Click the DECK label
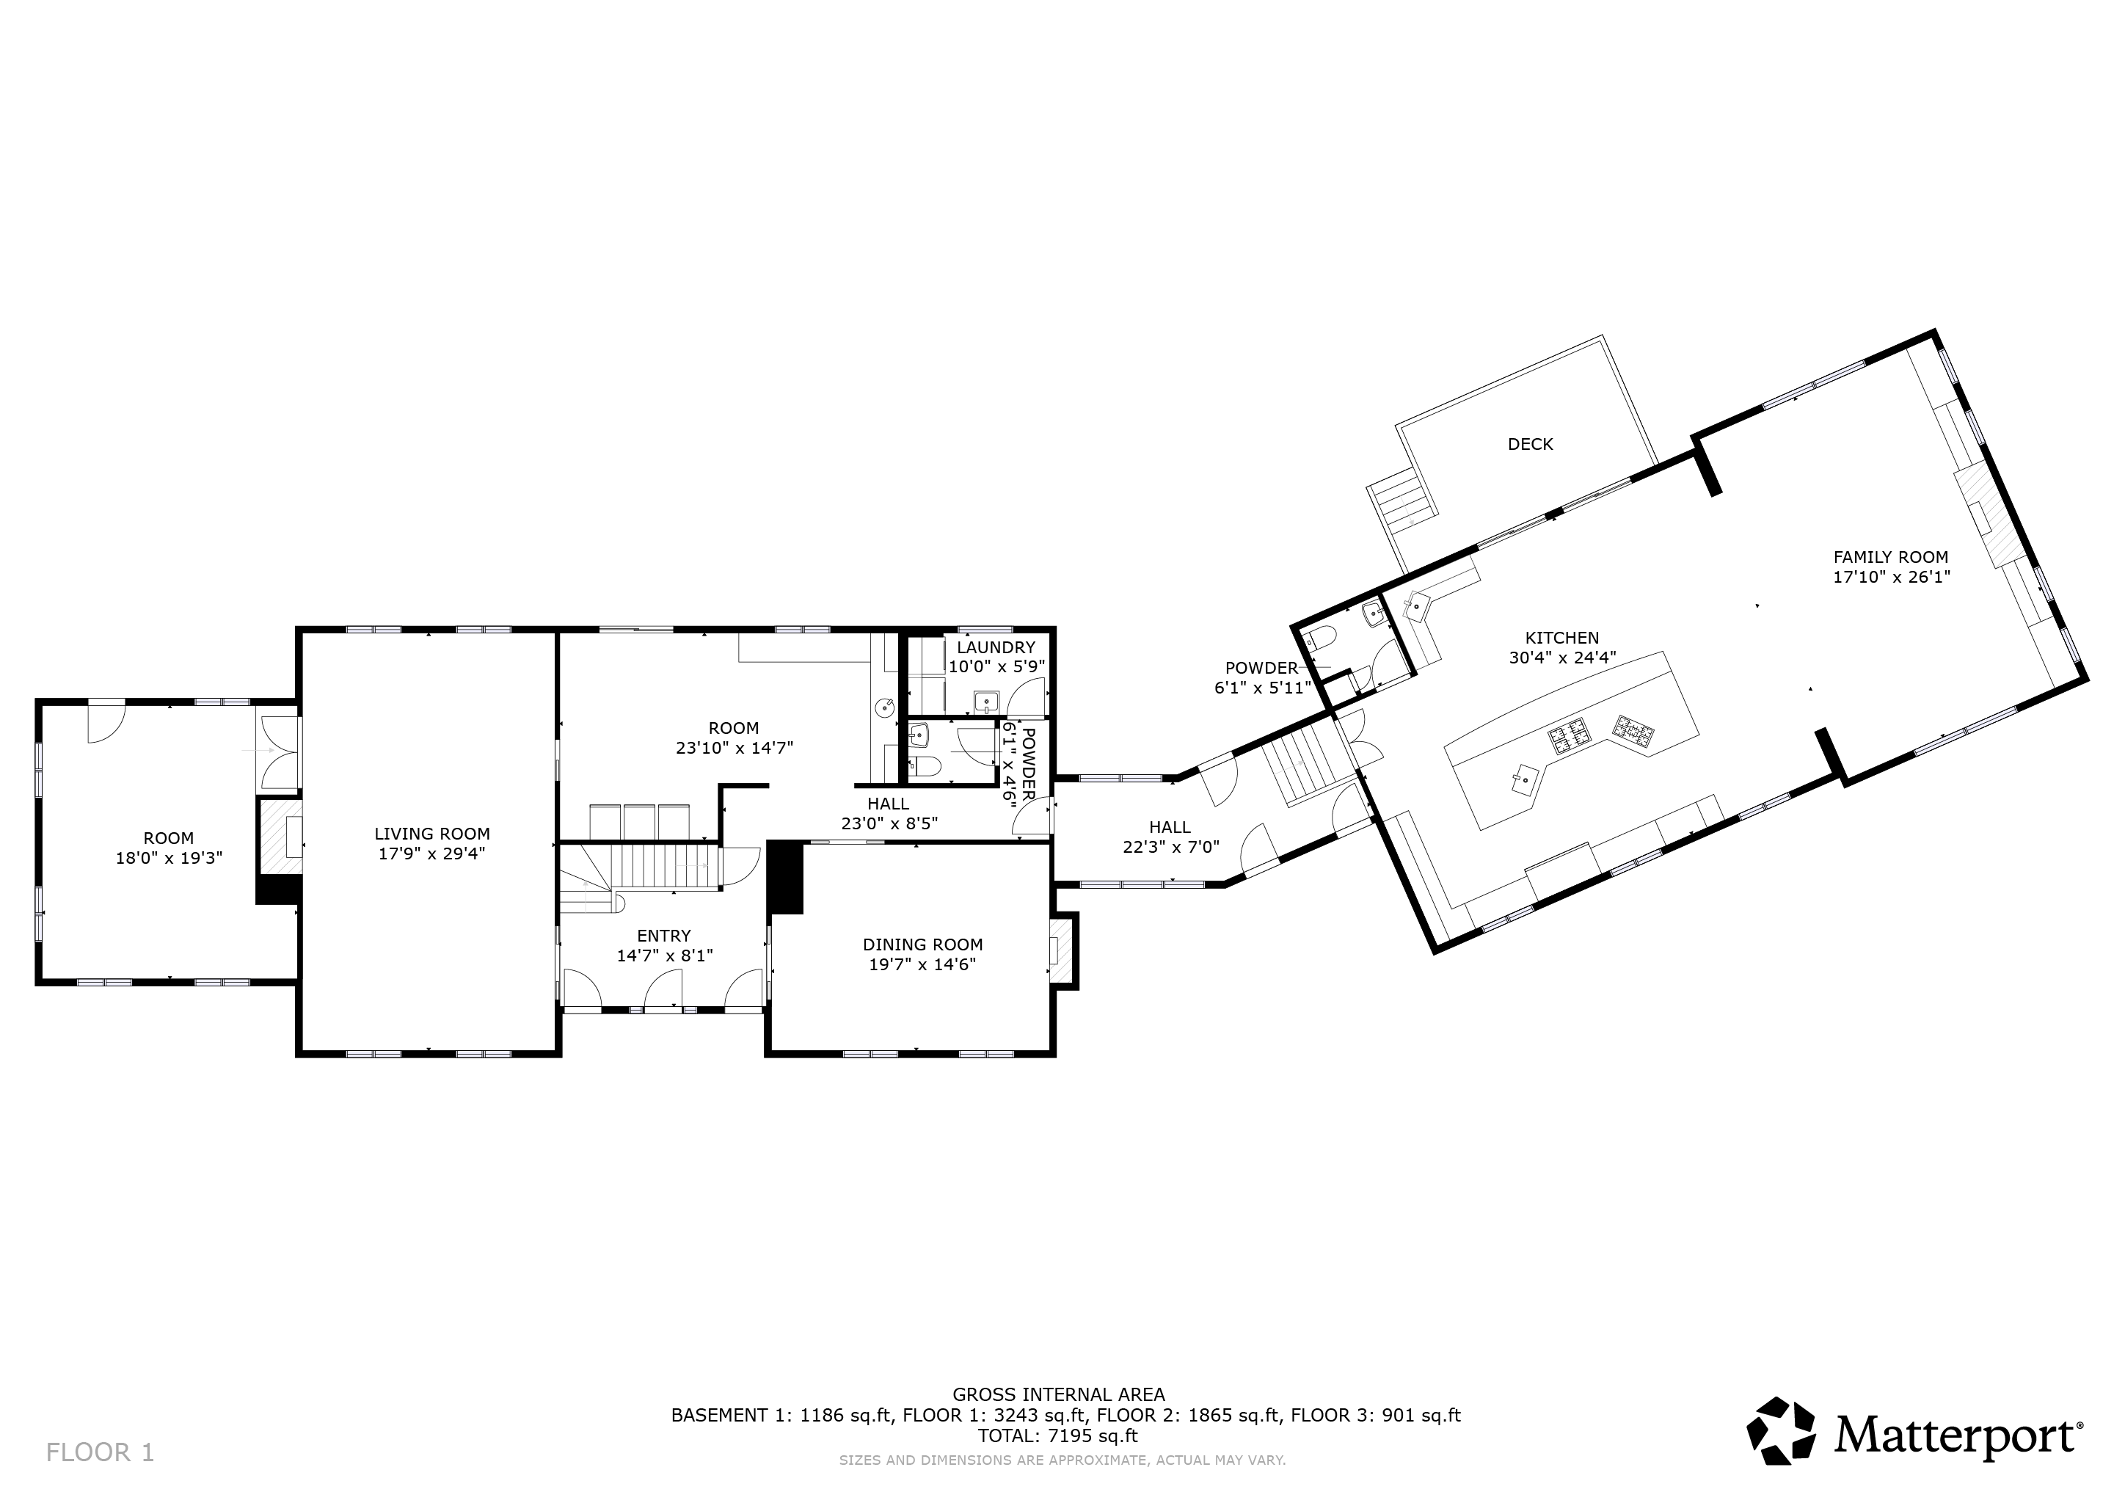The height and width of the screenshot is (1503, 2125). click(x=1530, y=444)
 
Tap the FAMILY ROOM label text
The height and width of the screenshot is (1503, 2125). click(x=1891, y=557)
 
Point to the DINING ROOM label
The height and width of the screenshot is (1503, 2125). click(x=923, y=945)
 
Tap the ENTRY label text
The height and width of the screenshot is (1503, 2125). click(x=663, y=936)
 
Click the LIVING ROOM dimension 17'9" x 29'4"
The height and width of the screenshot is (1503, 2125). click(x=432, y=854)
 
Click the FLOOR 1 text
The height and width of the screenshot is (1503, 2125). click(x=100, y=1452)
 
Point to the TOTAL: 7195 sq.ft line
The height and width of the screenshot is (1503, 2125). click(x=1058, y=1436)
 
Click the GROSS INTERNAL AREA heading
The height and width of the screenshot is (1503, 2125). click(x=1059, y=1394)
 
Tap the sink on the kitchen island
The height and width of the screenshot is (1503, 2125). click(x=1523, y=779)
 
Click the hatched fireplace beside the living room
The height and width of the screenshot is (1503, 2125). click(x=279, y=839)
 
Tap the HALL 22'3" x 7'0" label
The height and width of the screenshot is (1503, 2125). click(x=1171, y=837)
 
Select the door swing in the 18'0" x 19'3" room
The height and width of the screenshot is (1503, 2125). click(x=106, y=723)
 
